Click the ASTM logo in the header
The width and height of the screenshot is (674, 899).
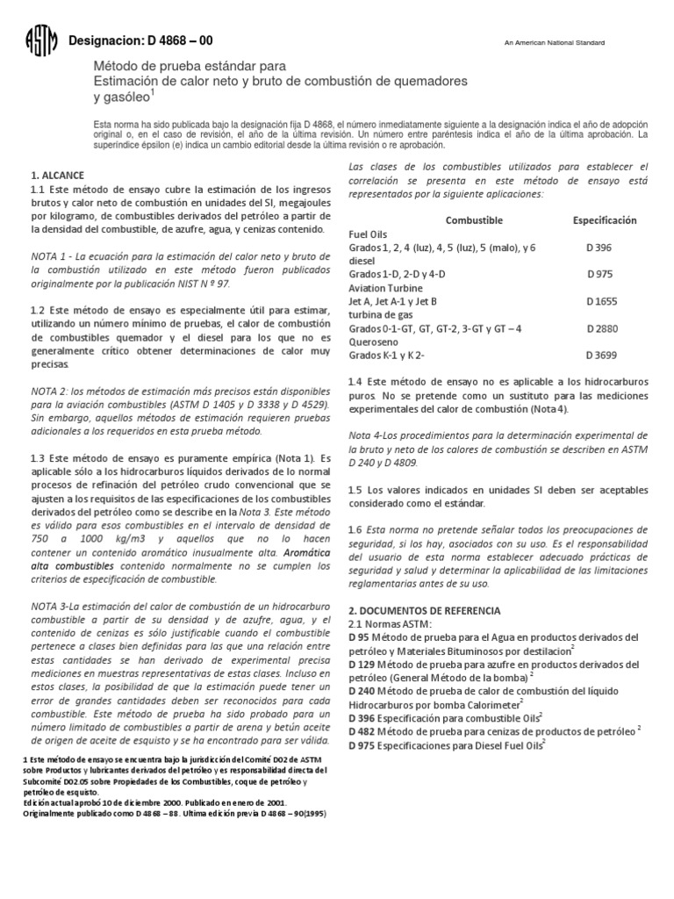click(41, 41)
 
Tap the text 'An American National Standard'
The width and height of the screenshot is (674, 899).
click(554, 44)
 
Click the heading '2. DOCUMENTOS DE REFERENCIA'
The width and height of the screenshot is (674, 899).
click(425, 609)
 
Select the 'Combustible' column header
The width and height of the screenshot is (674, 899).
click(474, 219)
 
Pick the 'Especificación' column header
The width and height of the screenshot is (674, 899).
click(605, 219)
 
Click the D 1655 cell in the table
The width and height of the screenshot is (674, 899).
click(602, 301)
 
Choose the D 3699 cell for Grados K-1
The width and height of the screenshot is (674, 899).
click(603, 356)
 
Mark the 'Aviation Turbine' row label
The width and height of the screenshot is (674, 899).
click(386, 287)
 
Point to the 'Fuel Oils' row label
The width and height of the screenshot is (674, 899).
click(369, 234)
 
